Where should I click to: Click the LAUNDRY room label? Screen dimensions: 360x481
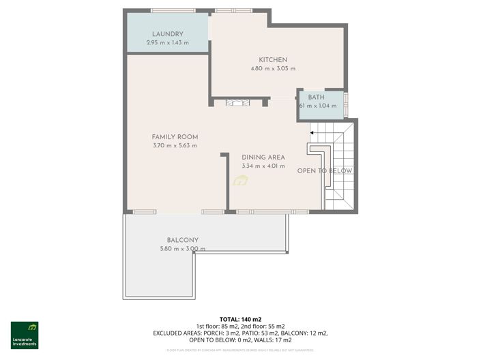167,34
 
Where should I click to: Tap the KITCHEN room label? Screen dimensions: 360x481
273,59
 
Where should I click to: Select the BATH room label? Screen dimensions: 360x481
317,97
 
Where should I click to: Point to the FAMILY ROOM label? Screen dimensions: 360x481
175,136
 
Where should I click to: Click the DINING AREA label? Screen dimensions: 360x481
263,157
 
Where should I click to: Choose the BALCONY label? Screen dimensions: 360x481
182,240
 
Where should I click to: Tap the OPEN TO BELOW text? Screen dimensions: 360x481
325,170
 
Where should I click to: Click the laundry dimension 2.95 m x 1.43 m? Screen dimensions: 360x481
167,43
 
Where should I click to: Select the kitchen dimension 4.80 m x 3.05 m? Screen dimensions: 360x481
273,68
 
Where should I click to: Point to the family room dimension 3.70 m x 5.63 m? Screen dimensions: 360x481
175,145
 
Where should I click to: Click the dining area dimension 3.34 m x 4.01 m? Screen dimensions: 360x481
263,166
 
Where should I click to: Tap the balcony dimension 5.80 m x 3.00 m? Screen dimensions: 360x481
182,249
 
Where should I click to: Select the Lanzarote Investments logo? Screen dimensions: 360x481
25,335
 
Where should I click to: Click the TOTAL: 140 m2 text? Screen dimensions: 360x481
240,319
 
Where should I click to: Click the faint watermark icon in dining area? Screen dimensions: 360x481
240,181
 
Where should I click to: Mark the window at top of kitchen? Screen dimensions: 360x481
233,10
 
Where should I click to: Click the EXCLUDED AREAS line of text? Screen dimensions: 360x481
240,333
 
